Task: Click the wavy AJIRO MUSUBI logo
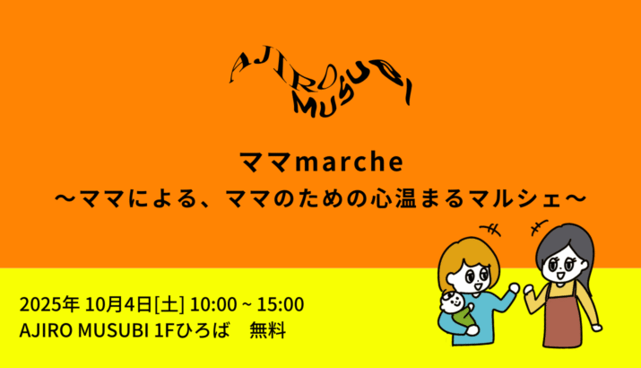[320, 82]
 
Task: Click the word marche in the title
[350, 162]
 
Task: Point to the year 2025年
[49, 305]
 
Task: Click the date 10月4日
[118, 305]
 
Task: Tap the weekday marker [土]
[169, 305]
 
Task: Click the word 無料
[268, 330]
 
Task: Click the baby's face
[451, 302]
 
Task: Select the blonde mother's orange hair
[469, 255]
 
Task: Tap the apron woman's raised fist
[530, 290]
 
